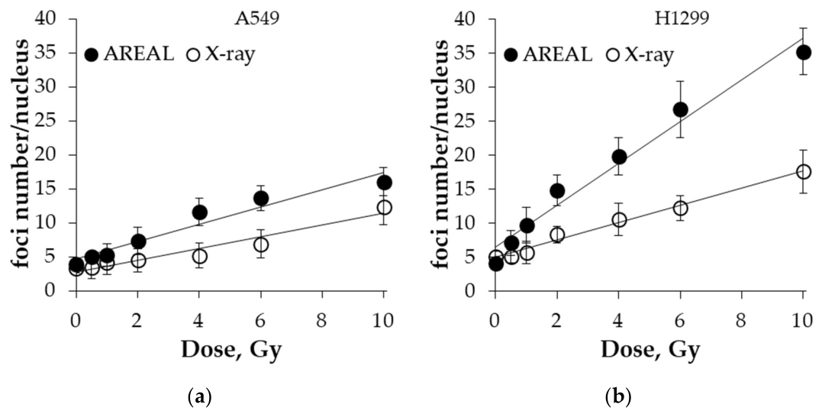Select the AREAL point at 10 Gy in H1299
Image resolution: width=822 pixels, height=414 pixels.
(803, 53)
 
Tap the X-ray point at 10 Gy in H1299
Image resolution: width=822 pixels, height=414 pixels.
(803, 172)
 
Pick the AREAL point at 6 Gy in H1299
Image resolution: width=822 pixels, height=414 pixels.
(681, 110)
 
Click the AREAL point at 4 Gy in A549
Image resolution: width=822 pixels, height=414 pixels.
(200, 212)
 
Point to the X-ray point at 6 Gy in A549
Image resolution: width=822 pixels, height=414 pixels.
(261, 244)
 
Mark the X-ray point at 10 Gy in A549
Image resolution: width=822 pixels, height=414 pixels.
(384, 208)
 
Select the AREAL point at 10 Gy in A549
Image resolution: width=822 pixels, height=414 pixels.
(384, 183)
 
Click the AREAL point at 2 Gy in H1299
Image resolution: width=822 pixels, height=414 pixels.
(557, 191)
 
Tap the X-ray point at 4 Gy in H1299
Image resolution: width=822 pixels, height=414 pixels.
(619, 220)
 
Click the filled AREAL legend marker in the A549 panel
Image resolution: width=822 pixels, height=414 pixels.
(92, 54)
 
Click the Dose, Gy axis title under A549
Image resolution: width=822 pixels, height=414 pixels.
(231, 349)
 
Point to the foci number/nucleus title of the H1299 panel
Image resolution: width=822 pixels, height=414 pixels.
(441, 154)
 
